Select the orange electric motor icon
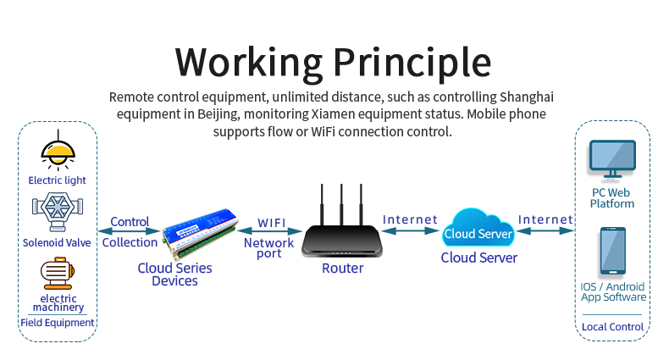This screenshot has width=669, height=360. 58,273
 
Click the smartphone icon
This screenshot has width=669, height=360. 612,252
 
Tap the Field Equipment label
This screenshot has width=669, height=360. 58,323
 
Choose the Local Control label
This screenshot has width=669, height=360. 612,327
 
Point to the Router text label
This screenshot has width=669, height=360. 342,269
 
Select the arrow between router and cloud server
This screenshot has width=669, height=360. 410,231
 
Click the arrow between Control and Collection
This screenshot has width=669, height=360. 130,231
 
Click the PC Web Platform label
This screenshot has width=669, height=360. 612,198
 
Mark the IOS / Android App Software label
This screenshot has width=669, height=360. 613,291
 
